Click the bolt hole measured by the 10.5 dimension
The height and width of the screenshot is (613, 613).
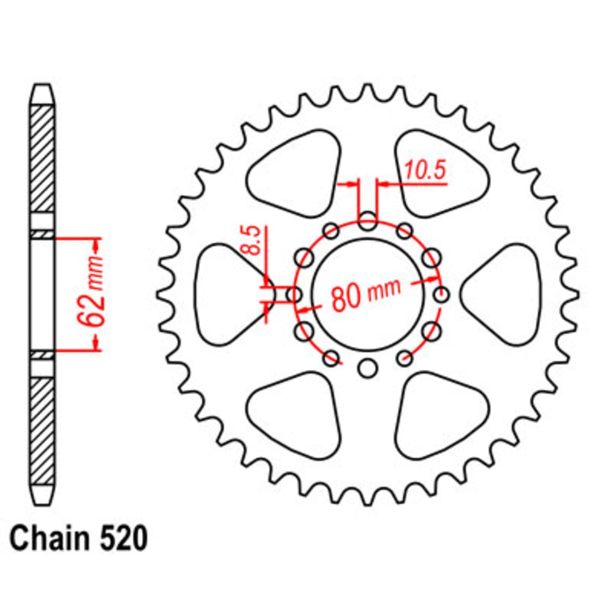367,222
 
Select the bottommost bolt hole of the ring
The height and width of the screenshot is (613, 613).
367,368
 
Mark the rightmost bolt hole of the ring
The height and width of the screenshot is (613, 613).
440,295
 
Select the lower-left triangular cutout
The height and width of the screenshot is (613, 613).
293,415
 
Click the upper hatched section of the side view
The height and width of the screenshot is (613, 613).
42,158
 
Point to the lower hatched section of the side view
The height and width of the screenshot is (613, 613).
42,429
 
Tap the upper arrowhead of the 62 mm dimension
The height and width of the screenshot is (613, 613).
96,245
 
